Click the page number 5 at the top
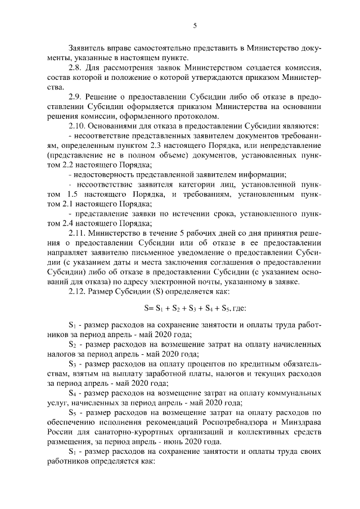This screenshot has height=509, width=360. click(195, 25)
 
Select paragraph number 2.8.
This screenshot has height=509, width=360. click(75, 67)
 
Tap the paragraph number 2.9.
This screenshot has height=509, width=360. click(75, 96)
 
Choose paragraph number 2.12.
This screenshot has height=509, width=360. click(77, 291)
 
